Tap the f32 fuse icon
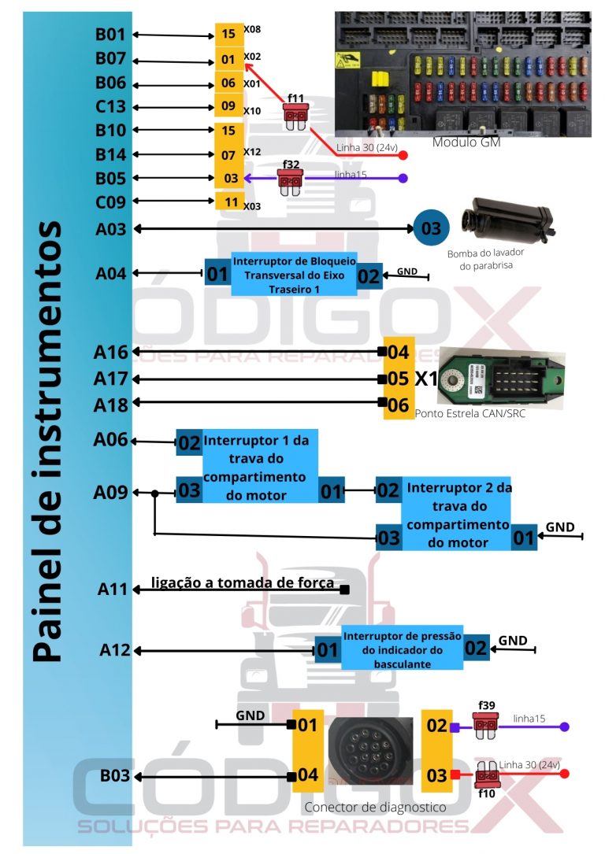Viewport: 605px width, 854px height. pos(289,181)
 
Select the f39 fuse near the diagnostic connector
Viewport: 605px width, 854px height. pos(484,723)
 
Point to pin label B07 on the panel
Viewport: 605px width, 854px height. pos(110,59)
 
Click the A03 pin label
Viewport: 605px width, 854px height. pos(111,228)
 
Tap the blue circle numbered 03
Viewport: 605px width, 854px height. pos(432,228)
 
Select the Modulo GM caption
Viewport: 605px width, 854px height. pos(466,142)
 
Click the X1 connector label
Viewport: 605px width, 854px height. pos(426,379)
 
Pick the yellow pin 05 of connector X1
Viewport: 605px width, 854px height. pos(398,379)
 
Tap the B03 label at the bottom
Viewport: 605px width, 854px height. pos(115,777)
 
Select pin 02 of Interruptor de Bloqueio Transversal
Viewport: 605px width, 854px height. pos(369,276)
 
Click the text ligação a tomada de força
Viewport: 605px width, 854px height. pos(243,583)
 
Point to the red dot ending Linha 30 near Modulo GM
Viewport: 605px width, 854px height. pos(403,155)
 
